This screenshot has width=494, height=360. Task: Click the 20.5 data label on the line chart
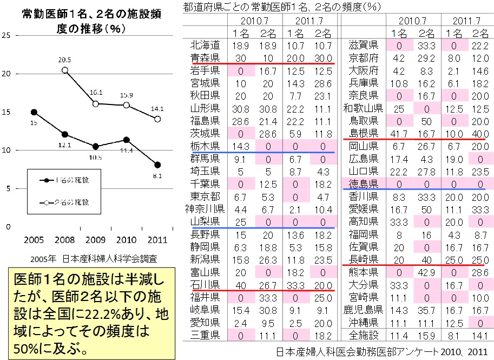(64, 59)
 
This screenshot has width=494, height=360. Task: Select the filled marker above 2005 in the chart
(34, 112)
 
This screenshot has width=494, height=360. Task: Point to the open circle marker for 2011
(157, 119)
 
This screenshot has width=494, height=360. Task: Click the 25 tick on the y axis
(6, 36)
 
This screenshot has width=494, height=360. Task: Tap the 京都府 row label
(364, 57)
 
